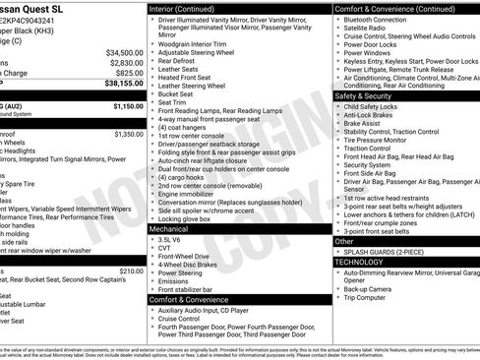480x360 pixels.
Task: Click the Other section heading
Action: click(345, 241)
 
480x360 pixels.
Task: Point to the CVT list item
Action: click(165, 250)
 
